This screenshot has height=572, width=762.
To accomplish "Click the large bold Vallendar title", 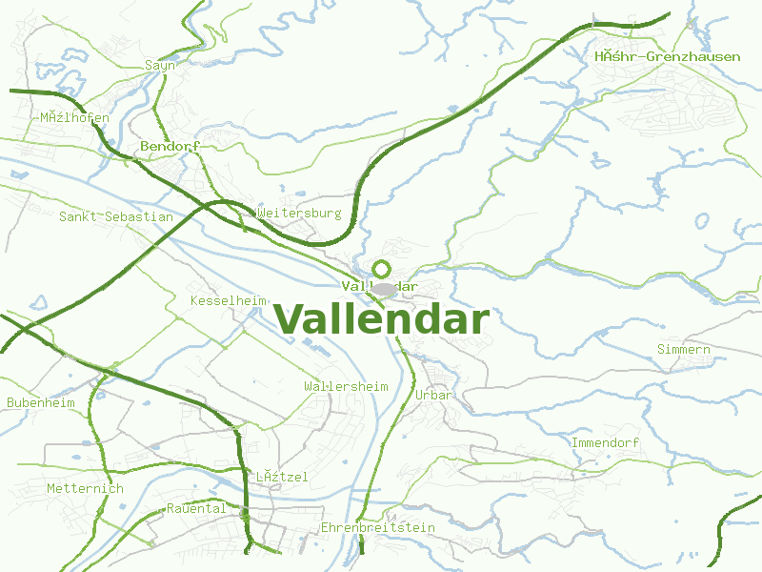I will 381,319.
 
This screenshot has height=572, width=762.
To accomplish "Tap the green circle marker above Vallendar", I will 382,270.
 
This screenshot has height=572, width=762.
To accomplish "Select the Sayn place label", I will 160,66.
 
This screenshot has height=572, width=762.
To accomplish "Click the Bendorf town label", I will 170,147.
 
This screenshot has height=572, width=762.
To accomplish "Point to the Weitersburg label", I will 299,214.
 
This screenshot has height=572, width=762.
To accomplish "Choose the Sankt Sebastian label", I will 116,217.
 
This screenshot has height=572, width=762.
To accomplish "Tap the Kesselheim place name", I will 229,300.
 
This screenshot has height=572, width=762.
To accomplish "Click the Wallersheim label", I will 346,386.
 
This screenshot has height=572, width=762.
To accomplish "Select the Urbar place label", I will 433,395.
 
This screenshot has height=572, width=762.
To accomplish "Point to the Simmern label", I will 684,350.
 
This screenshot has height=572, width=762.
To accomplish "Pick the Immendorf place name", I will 605,443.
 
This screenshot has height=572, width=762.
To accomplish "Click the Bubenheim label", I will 41,403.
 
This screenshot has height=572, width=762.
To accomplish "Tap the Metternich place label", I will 86,489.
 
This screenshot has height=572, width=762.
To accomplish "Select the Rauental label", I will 196,508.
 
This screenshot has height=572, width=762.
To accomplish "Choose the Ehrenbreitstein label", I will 378,527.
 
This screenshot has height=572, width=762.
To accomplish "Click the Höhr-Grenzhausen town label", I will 667,57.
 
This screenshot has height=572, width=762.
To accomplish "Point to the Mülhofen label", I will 74,118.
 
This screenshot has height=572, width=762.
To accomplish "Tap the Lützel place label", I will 282,477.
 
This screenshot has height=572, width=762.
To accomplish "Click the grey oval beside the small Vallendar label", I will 384,289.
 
